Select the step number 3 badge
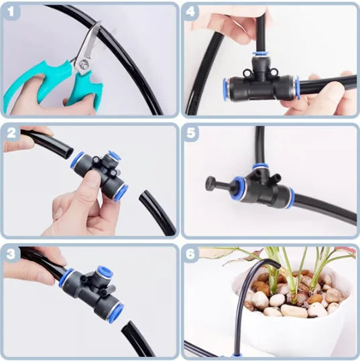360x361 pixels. pyautogui.click(x=12, y=255)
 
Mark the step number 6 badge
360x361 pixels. pyautogui.click(x=192, y=255)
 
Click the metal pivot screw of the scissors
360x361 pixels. pyautogui.click(x=83, y=64)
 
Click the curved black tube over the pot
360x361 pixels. pyautogui.click(x=248, y=281)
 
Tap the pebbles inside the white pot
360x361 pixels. pyautogui.click(x=295, y=295)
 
